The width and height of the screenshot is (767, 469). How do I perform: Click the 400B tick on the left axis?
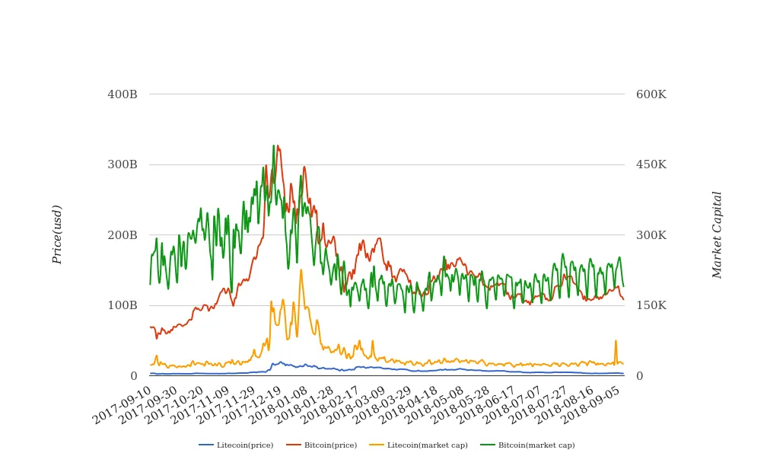point(123,94)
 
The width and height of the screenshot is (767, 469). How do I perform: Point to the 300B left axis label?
point(123,164)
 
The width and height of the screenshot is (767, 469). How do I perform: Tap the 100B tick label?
point(123,305)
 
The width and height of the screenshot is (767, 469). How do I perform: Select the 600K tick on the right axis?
point(651,94)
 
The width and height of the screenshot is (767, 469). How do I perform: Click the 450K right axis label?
point(651,164)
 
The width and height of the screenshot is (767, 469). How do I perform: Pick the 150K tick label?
point(651,305)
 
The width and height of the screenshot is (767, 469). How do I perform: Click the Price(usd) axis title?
point(57,234)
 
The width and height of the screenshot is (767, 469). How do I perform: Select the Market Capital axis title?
point(717,234)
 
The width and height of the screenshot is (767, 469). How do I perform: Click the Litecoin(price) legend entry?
point(237,445)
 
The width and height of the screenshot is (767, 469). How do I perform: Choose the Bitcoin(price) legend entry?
point(322,445)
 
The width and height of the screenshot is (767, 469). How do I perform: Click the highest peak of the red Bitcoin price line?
point(278,146)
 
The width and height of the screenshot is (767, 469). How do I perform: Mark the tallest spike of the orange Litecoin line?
point(301,270)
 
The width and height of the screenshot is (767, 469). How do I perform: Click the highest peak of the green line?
point(273,145)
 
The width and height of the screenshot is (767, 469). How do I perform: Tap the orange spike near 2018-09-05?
point(616,341)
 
